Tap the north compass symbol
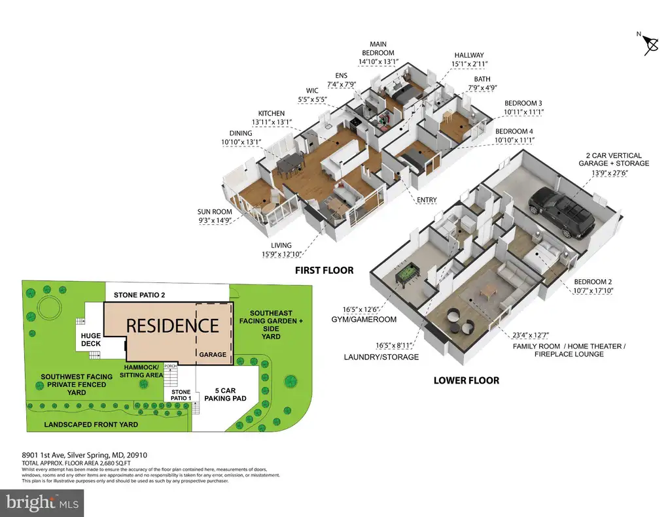[x=650, y=44]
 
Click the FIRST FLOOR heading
[x=325, y=270]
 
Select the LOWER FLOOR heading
[x=466, y=380]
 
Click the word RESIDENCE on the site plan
[x=172, y=325]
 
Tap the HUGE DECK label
[x=91, y=340]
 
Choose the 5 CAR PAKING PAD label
[x=225, y=395]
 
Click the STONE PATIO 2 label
[x=139, y=295]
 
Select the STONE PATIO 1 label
[x=181, y=395]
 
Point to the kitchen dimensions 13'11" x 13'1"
[x=272, y=122]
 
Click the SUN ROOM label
[x=215, y=212]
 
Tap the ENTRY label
[x=427, y=200]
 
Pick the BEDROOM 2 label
[x=593, y=282]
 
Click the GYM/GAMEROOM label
[x=364, y=320]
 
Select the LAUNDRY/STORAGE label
[x=381, y=357]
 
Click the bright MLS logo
[x=42, y=503]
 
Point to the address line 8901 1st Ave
[x=84, y=455]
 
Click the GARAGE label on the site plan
[x=213, y=354]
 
